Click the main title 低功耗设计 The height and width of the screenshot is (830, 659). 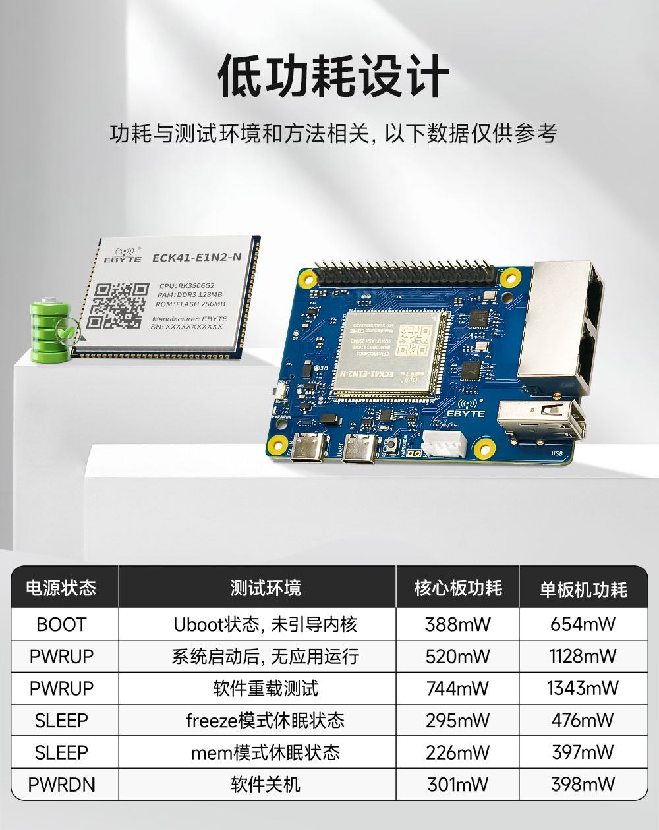(x=333, y=77)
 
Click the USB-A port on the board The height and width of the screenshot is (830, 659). (x=542, y=422)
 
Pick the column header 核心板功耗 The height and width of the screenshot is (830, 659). (x=457, y=588)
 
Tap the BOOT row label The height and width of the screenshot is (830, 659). (x=61, y=624)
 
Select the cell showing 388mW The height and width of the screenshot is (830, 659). (x=457, y=624)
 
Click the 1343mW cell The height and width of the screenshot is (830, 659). (x=583, y=688)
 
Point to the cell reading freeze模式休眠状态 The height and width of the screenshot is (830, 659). (x=265, y=720)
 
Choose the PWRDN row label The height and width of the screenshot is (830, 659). (x=61, y=785)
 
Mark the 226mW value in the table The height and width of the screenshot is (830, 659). (x=457, y=752)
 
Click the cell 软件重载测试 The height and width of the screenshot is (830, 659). (x=265, y=688)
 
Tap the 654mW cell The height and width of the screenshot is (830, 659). (x=583, y=624)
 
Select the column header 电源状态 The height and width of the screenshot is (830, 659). (x=61, y=588)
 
